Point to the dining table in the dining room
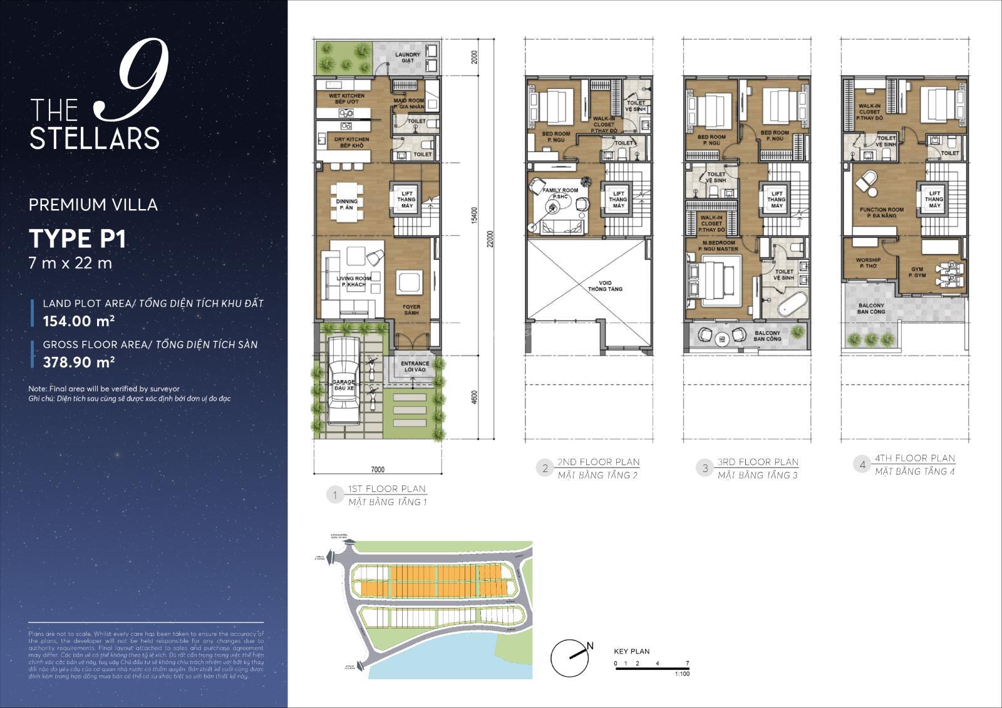pos(346,200)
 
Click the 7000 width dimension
pos(377,469)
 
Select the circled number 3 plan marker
pos(705,468)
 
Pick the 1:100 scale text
pos(682,674)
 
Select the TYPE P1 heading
pos(78,239)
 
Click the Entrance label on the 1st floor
pos(415,366)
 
